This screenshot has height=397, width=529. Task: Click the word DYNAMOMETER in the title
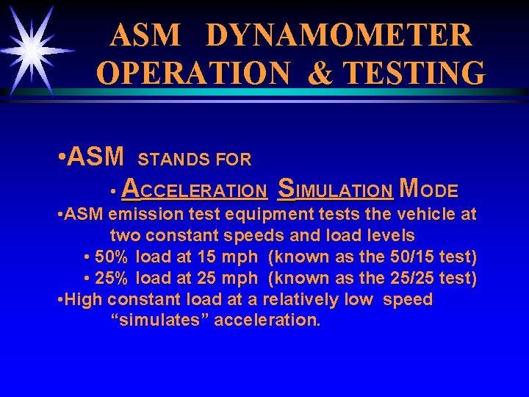click(x=339, y=35)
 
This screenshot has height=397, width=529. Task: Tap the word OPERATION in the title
click(x=193, y=73)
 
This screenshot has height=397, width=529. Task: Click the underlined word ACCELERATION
click(x=194, y=190)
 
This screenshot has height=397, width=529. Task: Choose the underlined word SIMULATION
click(x=335, y=190)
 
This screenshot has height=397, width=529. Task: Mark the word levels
click(x=390, y=236)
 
